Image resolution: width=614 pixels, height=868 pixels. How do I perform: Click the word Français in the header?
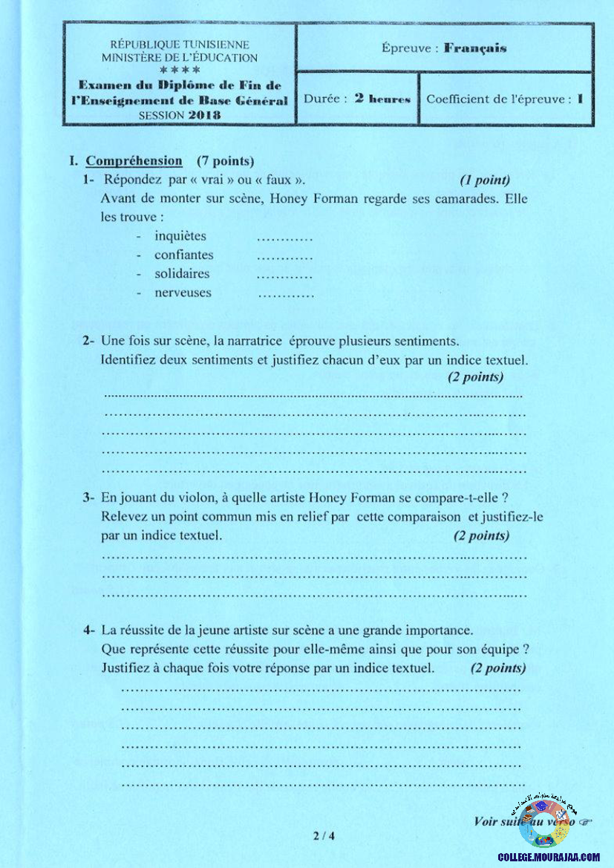click(x=475, y=48)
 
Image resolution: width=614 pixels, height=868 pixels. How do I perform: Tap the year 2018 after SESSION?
click(x=204, y=115)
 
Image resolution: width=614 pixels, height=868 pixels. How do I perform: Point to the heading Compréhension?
click(x=134, y=161)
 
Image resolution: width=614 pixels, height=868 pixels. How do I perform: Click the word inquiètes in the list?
click(x=180, y=236)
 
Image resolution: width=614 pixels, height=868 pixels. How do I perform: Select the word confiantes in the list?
click(x=183, y=255)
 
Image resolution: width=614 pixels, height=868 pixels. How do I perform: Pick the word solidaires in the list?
click(x=182, y=273)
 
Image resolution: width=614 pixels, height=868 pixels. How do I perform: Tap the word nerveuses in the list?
click(x=183, y=293)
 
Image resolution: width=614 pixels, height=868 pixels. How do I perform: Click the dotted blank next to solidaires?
click(x=284, y=275)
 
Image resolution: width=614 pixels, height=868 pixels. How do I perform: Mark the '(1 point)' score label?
click(x=484, y=180)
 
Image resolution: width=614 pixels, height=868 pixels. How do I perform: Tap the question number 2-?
click(x=88, y=341)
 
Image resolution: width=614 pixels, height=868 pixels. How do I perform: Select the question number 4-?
click(x=88, y=630)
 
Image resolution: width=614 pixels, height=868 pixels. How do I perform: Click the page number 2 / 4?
click(x=324, y=836)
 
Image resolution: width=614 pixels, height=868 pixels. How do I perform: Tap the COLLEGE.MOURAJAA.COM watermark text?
click(x=549, y=857)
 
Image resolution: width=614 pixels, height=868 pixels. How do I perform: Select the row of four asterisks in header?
click(x=180, y=70)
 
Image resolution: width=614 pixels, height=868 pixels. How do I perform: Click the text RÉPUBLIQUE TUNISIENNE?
click(x=180, y=45)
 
